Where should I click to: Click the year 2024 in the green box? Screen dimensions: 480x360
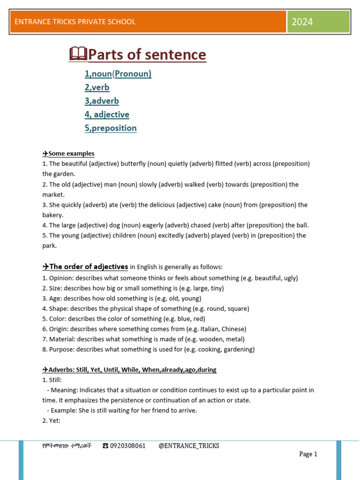[302, 22]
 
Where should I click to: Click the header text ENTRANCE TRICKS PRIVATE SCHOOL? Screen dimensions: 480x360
[75, 22]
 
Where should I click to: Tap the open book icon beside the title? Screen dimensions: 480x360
[78, 54]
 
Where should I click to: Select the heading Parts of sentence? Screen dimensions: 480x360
[147, 55]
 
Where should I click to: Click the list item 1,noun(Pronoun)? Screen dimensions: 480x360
[118, 74]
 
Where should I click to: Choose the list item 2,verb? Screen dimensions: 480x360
[97, 87]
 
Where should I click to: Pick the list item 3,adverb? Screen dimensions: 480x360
[102, 101]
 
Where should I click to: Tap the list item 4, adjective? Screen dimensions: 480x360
[107, 114]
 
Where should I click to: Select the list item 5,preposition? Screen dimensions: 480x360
[111, 128]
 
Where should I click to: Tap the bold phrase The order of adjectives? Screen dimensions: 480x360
[89, 267]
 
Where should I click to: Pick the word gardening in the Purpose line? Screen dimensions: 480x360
[238, 349]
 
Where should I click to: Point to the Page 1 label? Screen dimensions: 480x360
[308, 454]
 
